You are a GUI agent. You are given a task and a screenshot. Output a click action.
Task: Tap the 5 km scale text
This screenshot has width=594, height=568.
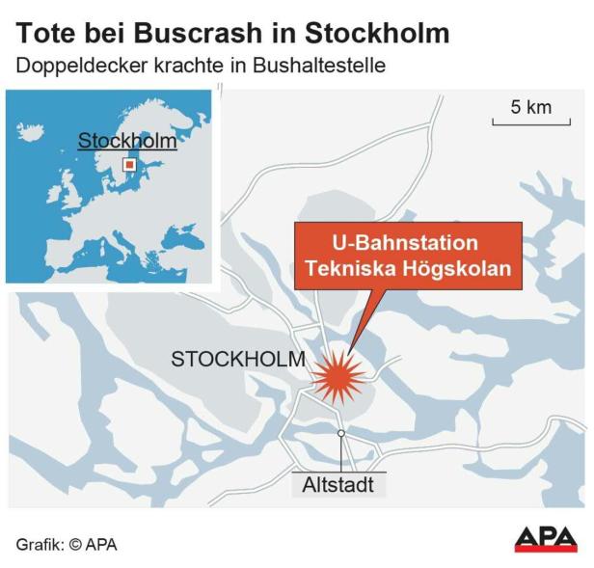click(x=530, y=106)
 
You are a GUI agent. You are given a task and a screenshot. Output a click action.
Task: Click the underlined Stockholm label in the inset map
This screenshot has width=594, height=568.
click(x=127, y=141)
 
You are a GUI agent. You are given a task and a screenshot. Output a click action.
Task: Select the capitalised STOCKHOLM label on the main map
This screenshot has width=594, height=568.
click(x=238, y=360)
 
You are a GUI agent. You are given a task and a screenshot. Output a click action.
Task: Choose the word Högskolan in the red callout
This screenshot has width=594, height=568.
click(x=466, y=269)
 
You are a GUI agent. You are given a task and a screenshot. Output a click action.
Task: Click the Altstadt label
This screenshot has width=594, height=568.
click(x=338, y=485)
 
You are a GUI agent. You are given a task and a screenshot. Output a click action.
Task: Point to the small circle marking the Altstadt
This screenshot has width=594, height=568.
click(x=340, y=434)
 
